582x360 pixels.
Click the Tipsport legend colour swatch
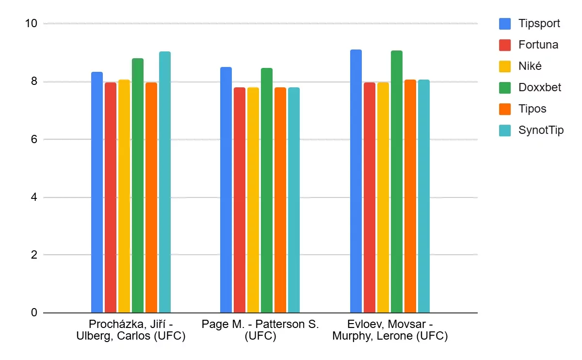(505, 23)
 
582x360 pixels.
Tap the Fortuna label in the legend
(538, 45)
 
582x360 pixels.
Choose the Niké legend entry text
(530, 66)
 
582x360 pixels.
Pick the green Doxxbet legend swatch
(505, 87)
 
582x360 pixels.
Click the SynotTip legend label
(541, 130)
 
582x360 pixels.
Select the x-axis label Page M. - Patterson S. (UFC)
(260, 330)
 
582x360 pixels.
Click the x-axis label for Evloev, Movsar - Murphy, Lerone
(390, 330)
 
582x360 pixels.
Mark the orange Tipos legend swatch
(505, 109)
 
